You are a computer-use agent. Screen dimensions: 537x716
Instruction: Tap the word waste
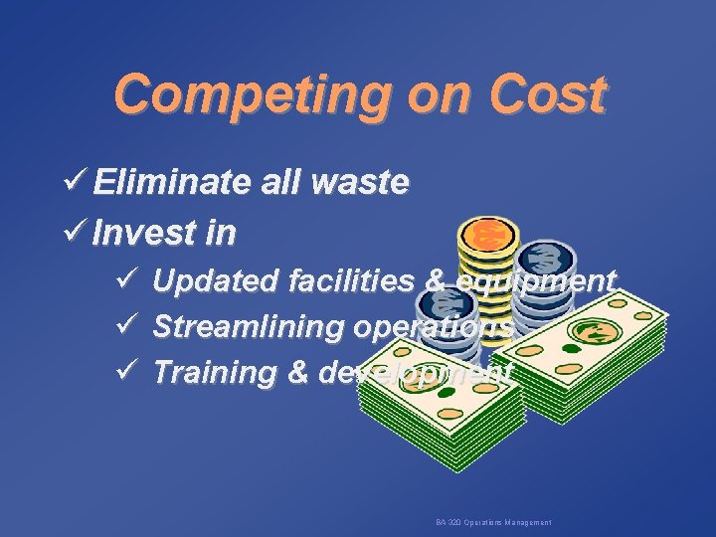coord(359,183)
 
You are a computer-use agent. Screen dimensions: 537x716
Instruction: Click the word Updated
coord(215,282)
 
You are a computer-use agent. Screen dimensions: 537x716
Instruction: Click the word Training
coord(216,373)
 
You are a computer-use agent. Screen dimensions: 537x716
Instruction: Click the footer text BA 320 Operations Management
coord(493,522)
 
